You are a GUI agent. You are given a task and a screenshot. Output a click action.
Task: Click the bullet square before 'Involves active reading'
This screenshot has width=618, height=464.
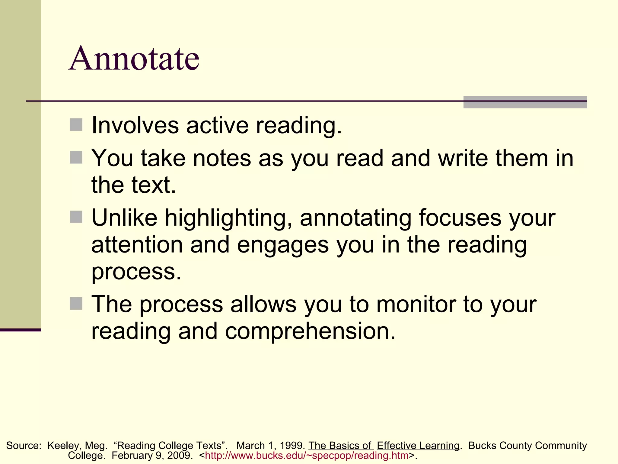coord(76,125)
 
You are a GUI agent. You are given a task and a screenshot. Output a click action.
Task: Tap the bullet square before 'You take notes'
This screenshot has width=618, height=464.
coord(76,157)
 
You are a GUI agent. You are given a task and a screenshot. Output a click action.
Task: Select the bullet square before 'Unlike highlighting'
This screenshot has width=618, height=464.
coord(76,217)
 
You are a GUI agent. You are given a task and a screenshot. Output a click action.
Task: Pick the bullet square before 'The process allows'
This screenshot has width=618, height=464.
coord(76,303)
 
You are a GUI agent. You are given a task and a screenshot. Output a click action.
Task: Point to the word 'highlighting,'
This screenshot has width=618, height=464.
coord(228,218)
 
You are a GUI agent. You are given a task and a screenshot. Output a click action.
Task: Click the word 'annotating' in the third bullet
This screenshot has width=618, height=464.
coord(355,218)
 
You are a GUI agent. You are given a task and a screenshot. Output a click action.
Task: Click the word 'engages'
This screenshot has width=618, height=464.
coord(283,245)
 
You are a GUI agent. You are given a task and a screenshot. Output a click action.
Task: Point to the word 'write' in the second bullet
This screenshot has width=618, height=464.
coord(463,158)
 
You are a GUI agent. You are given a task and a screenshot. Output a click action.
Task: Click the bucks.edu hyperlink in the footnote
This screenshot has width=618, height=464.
coord(307,456)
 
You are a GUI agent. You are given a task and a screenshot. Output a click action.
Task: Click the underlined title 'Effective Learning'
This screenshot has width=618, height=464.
coord(418,446)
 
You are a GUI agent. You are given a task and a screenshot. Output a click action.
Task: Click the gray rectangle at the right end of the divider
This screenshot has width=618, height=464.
coord(525,102)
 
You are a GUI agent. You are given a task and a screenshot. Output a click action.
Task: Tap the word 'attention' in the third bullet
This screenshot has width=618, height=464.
coord(137,245)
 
